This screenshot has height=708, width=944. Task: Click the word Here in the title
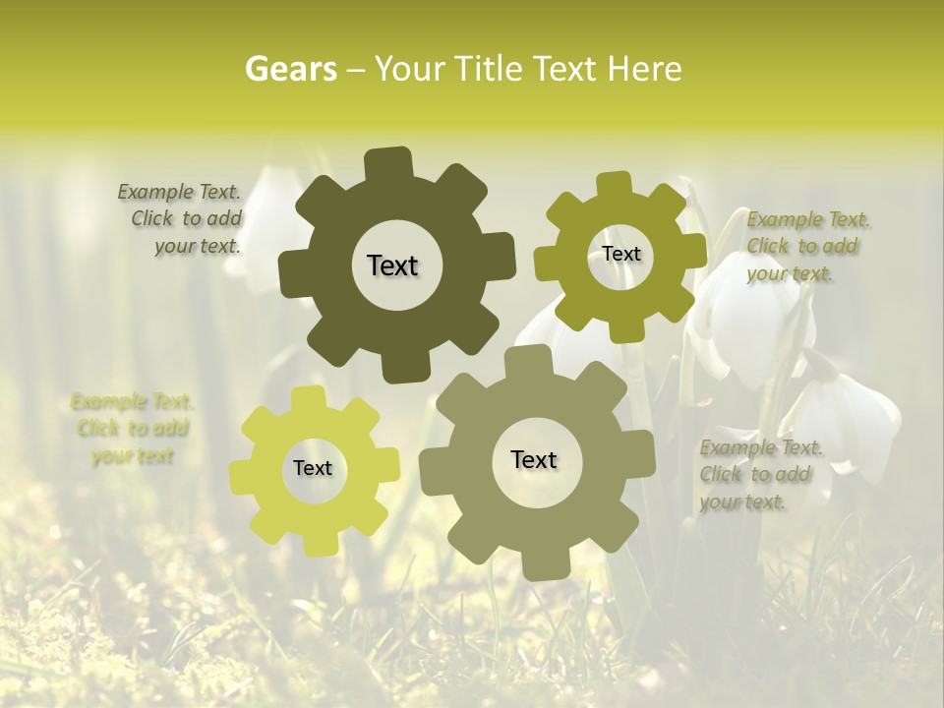tap(644, 69)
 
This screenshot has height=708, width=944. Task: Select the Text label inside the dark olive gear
tap(392, 265)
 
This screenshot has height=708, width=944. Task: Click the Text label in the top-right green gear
tap(620, 254)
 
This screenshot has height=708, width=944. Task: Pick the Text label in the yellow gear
tap(313, 468)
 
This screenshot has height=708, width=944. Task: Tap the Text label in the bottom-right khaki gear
tap(534, 459)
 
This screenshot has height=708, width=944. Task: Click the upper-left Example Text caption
tap(180, 218)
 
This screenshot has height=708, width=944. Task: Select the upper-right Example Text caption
tap(807, 247)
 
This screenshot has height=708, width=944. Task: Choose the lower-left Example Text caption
tap(132, 429)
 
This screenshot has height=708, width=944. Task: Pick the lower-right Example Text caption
tap(760, 475)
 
